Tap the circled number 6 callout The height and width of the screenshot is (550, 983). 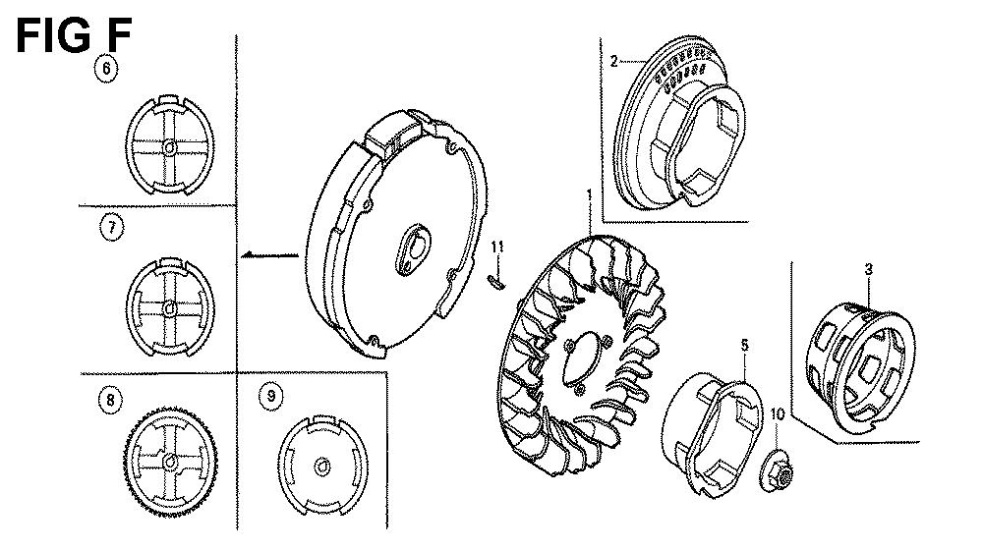tap(107, 69)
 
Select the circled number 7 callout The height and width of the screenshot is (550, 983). tap(114, 229)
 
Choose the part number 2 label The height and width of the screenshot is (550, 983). tap(613, 61)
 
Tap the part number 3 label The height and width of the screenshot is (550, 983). tap(869, 268)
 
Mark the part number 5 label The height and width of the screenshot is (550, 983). tap(744, 345)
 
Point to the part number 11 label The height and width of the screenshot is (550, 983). tap(497, 245)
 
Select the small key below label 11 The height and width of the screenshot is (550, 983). tap(497, 282)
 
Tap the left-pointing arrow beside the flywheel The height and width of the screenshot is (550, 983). tap(269, 254)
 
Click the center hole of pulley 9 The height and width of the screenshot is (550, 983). tap(321, 463)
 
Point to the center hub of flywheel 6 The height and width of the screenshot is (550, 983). tap(170, 147)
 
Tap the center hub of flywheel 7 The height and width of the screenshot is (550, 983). tap(169, 307)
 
